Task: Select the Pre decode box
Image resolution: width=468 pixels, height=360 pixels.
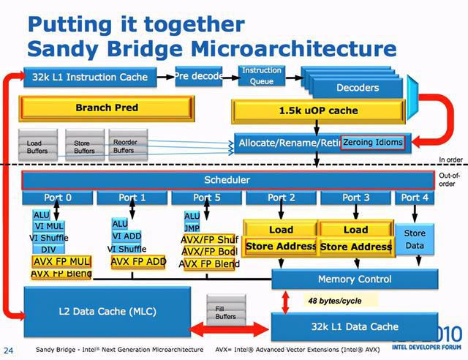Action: pyautogui.click(x=199, y=75)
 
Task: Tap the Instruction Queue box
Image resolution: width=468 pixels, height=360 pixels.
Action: pyautogui.click(x=261, y=75)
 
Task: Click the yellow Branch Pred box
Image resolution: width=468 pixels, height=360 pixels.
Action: pyautogui.click(x=107, y=108)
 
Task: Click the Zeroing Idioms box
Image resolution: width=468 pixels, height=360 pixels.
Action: pyautogui.click(x=372, y=142)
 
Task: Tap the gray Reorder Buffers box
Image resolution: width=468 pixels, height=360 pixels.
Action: pyautogui.click(x=125, y=146)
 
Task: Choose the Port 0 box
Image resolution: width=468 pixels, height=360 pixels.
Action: pyautogui.click(x=58, y=198)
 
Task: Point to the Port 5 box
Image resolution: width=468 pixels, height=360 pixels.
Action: pyautogui.click(x=206, y=198)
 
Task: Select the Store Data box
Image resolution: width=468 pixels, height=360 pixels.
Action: pyautogui.click(x=415, y=239)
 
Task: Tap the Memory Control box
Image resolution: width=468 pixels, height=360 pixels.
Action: pyautogui.click(x=354, y=279)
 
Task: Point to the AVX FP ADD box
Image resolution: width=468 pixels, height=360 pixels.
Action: pyautogui.click(x=139, y=260)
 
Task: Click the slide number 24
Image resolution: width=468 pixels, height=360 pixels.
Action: pyautogui.click(x=10, y=350)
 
